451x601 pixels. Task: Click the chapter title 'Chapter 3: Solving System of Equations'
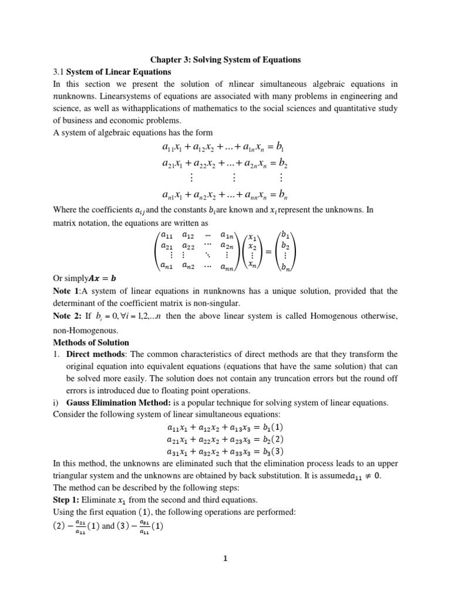point(225,59)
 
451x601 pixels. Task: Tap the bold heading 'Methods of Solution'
point(91,342)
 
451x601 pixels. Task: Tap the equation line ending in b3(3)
point(225,451)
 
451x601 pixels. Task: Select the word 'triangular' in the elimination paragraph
point(70,476)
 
